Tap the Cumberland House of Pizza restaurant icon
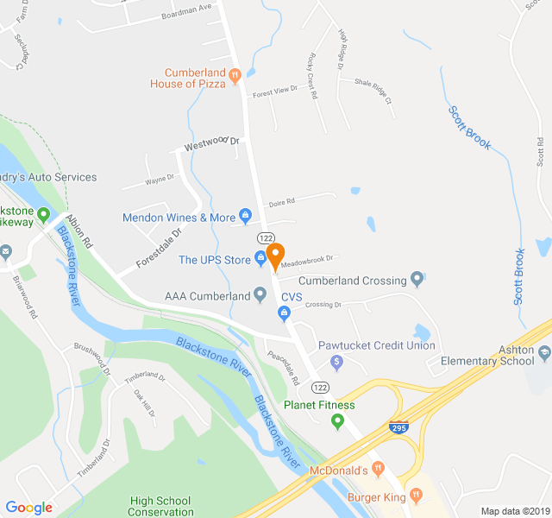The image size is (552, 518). click(x=235, y=78)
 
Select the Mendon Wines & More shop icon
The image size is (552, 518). click(x=244, y=215)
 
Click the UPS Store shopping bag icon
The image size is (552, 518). click(x=260, y=259)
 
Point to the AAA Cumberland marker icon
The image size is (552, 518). click(x=260, y=296)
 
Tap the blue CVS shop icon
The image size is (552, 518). click(x=271, y=311)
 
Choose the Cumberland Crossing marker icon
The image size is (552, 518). click(x=417, y=279)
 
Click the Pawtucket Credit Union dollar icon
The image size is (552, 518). click(x=337, y=361)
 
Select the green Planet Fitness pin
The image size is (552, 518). click(x=337, y=420)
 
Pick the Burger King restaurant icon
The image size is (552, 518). click(x=416, y=495)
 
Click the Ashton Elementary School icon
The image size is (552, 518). click(x=544, y=352)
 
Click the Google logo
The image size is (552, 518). click(x=28, y=507)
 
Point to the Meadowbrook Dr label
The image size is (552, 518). click(x=306, y=256)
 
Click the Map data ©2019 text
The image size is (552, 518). click(x=514, y=511)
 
